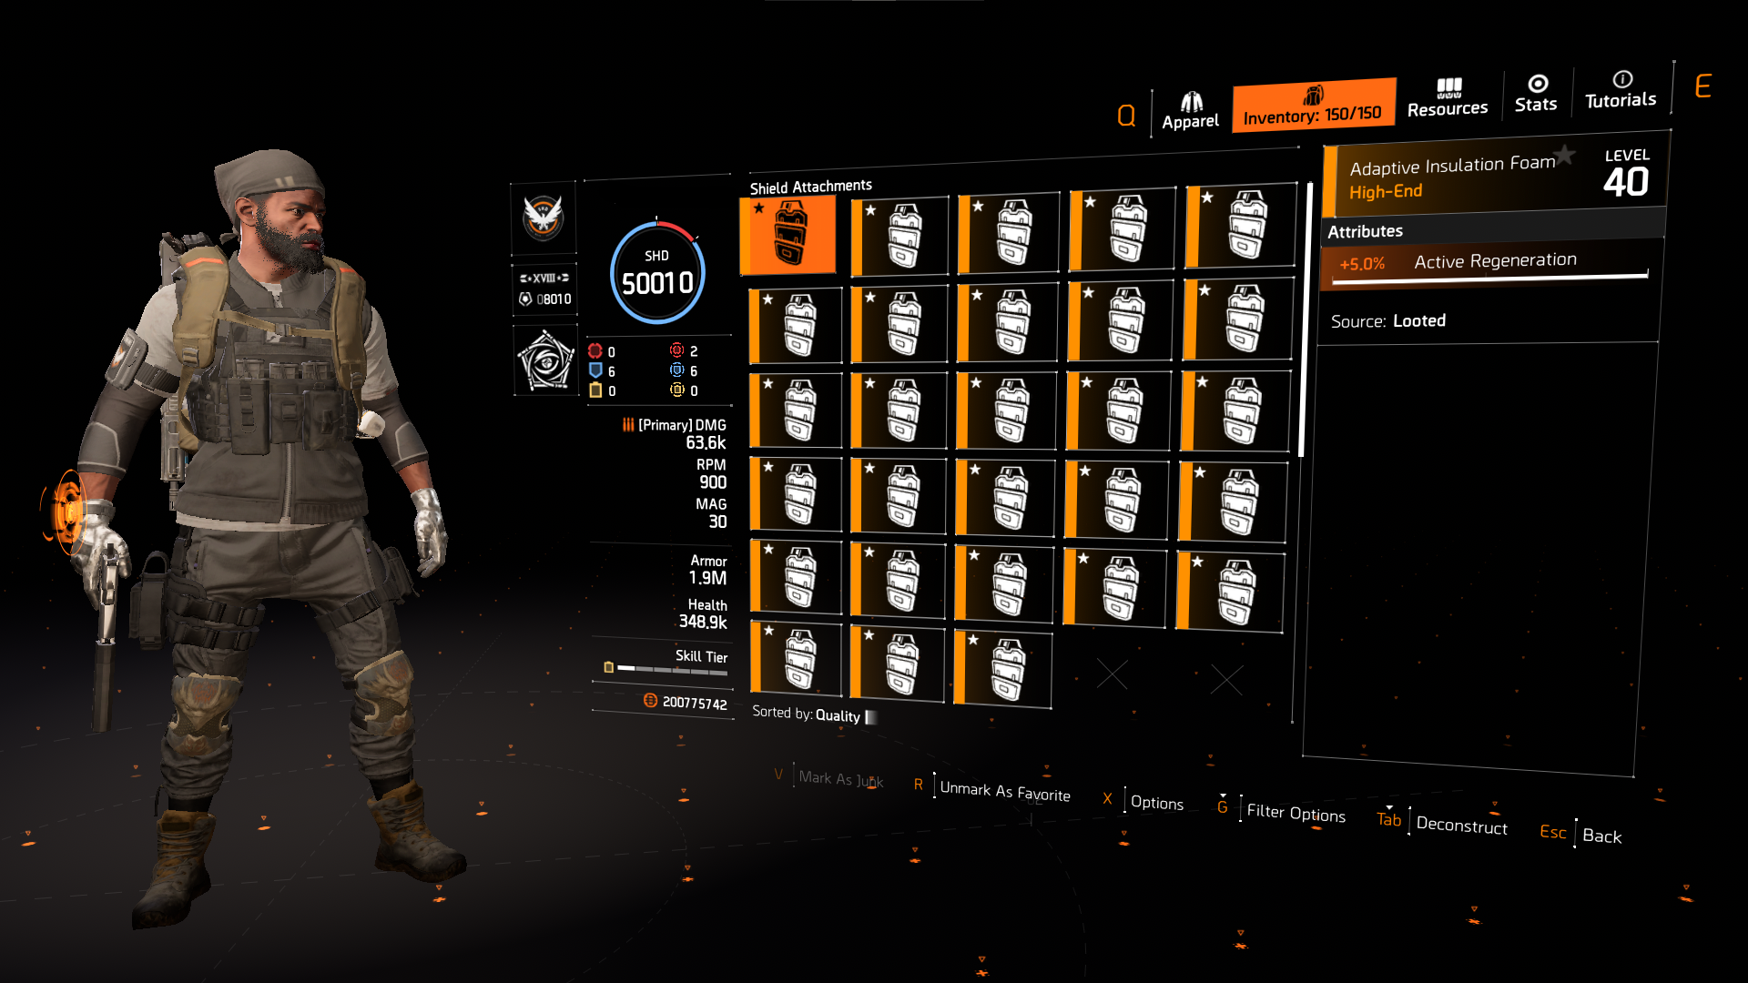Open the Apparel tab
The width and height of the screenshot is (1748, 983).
[x=1190, y=111]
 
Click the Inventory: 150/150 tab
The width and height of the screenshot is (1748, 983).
[x=1313, y=106]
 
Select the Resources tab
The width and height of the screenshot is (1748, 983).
[x=1448, y=98]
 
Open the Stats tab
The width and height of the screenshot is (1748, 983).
[x=1536, y=94]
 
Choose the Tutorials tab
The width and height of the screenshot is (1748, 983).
[x=1621, y=90]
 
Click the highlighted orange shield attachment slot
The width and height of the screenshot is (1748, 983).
[x=788, y=235]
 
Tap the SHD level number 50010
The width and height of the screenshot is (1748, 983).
[x=657, y=283]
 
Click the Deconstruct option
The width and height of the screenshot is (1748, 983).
[x=1461, y=826]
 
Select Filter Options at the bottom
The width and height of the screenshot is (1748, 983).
[x=1296, y=813]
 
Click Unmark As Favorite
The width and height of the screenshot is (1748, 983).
[x=1005, y=792]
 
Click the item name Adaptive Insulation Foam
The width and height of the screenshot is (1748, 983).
[x=1452, y=166]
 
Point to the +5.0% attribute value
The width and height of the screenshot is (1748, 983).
[x=1362, y=264]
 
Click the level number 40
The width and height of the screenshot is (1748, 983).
[x=1626, y=182]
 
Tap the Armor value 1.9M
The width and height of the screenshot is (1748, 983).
[x=707, y=578]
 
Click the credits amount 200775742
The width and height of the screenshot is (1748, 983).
[x=694, y=703]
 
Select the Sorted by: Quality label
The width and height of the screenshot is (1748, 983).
[x=807, y=714]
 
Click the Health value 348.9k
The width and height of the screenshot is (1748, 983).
[x=703, y=623]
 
